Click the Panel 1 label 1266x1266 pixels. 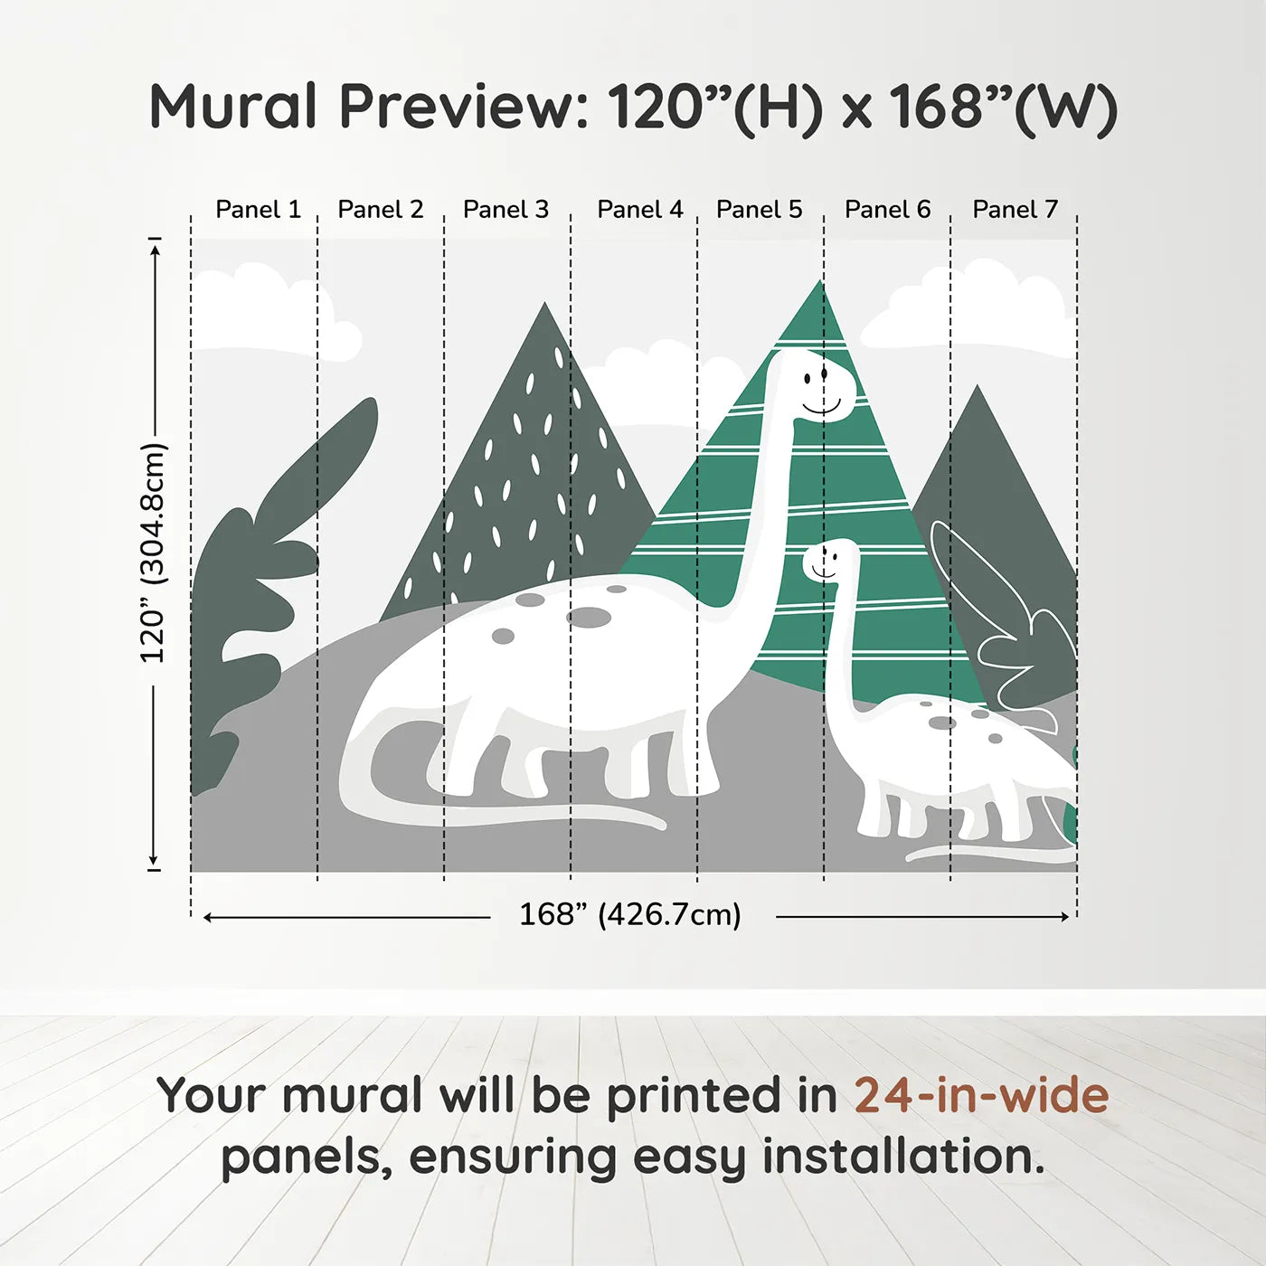[x=258, y=210]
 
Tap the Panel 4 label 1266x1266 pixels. [x=639, y=210]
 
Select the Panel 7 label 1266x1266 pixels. [x=1015, y=210]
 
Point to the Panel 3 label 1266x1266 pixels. [x=505, y=210]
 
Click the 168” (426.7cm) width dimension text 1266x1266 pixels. [x=629, y=915]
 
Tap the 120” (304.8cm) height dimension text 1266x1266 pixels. [x=153, y=553]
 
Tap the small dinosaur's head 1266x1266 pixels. [x=828, y=561]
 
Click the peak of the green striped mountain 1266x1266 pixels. [x=820, y=283]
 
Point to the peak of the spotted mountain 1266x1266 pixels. [x=544, y=306]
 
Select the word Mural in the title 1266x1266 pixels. [x=232, y=107]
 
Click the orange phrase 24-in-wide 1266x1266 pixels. [x=981, y=1096]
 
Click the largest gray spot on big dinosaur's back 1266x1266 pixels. [x=589, y=618]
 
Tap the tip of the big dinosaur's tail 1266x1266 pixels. [x=662, y=824]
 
